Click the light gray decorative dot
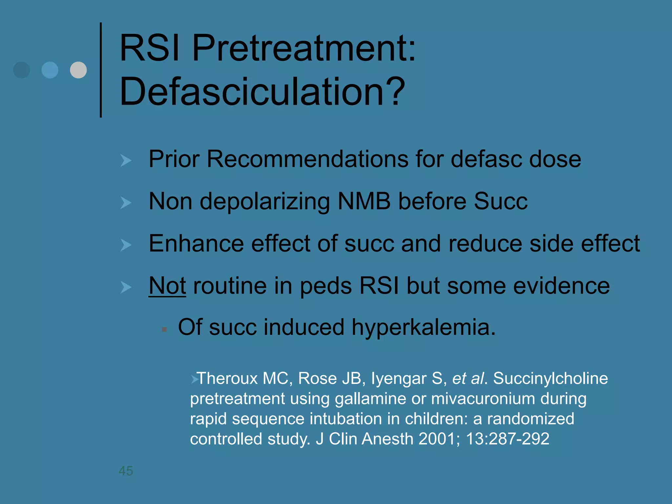pyautogui.click(x=78, y=70)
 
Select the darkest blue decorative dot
pyautogui.click(x=22, y=70)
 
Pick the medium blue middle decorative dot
pyautogui.click(x=50, y=70)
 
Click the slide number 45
pyautogui.click(x=126, y=471)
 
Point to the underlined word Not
pyautogui.click(x=167, y=286)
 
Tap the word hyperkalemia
pyautogui.click(x=423, y=327)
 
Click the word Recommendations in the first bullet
pyautogui.click(x=308, y=159)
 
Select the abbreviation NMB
pyautogui.click(x=364, y=201)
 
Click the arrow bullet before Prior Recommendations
pyautogui.click(x=126, y=160)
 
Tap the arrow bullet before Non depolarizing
pyautogui.click(x=126, y=202)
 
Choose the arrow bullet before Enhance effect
pyautogui.click(x=126, y=245)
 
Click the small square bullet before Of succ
pyautogui.click(x=164, y=329)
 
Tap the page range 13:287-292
pyautogui.click(x=507, y=439)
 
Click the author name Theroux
pyautogui.click(x=227, y=378)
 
